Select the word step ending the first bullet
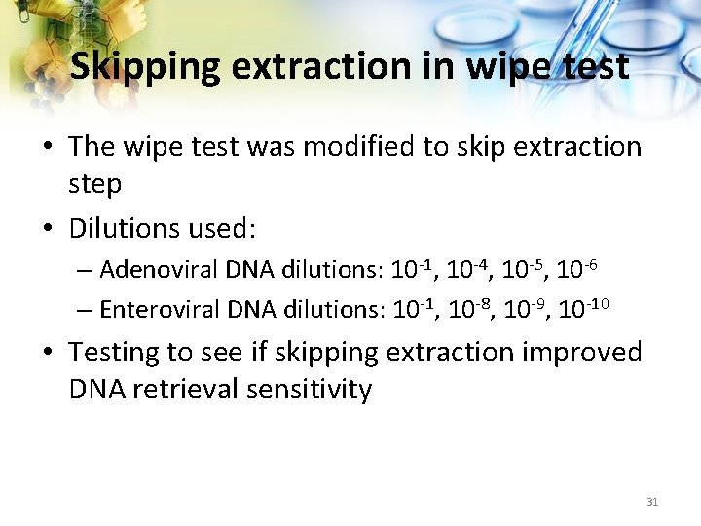(x=94, y=184)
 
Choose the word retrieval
(x=190, y=390)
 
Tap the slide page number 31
(x=652, y=502)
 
